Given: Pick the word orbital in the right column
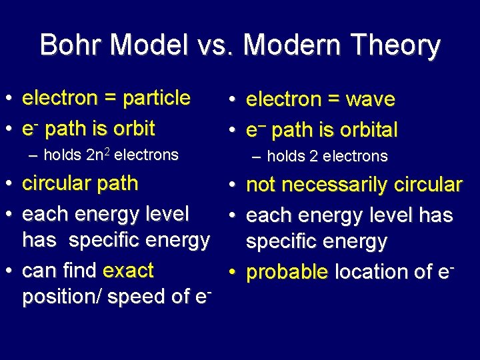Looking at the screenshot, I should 367,129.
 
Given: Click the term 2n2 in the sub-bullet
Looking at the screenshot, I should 101,155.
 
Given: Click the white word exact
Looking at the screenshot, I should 128,271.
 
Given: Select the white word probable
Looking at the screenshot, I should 288,272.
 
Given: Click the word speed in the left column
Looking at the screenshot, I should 143,297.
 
